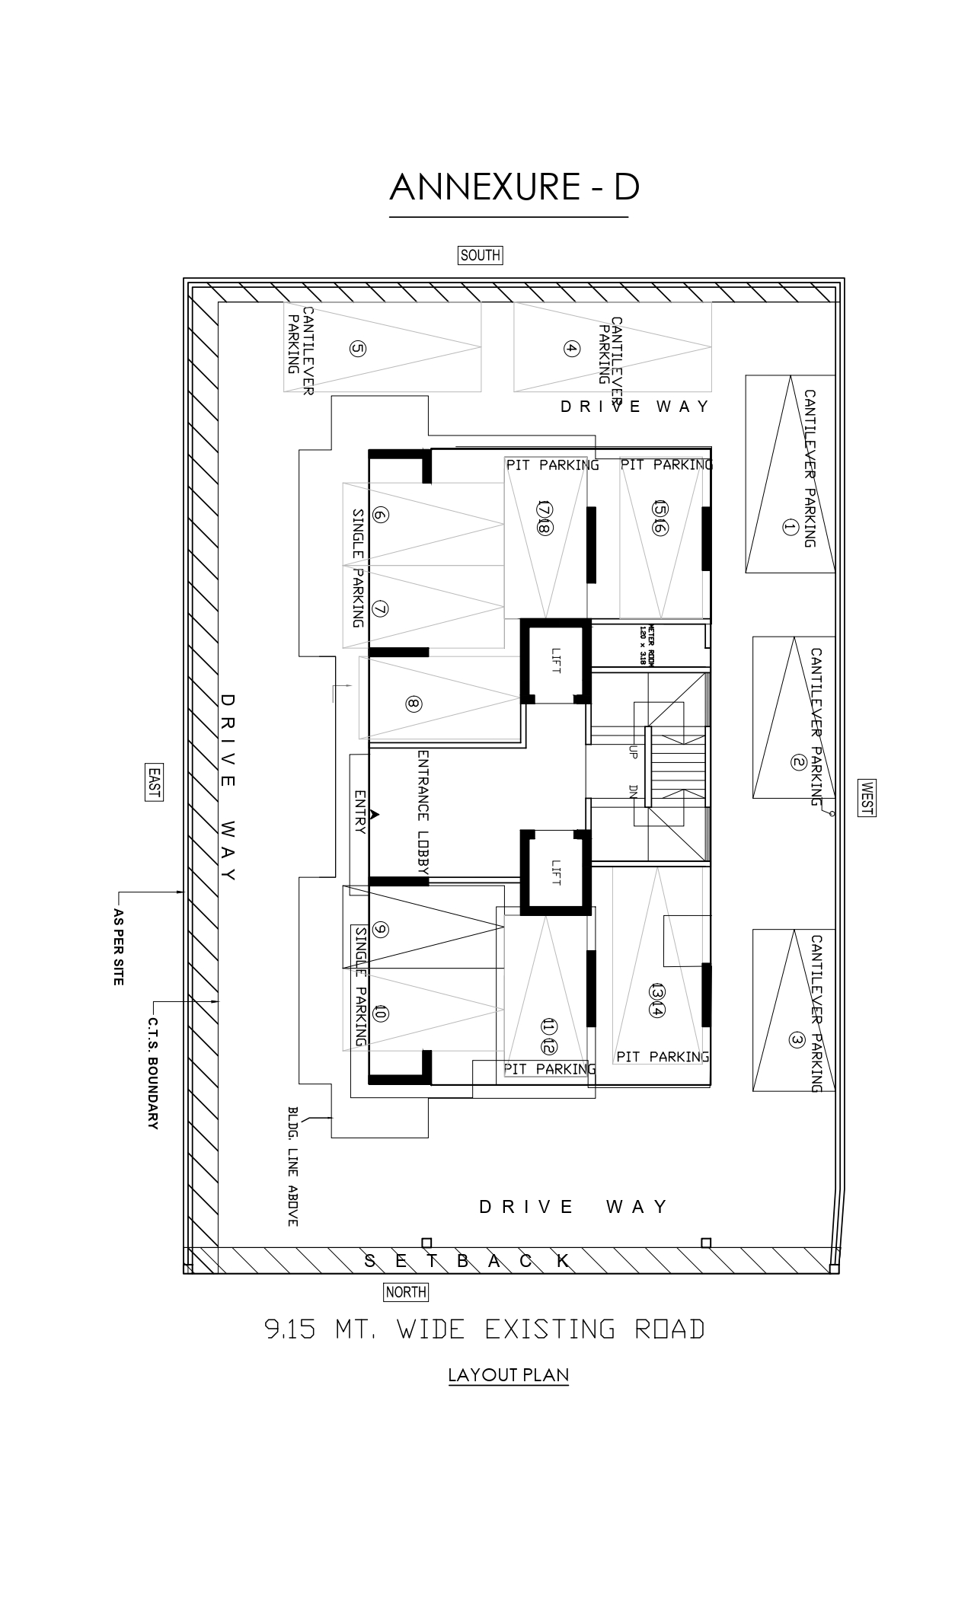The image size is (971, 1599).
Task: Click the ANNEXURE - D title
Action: [514, 187]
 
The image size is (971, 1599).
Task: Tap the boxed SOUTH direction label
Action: [480, 255]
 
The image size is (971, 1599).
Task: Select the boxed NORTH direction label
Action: [406, 1291]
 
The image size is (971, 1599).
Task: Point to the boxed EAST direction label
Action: [154, 781]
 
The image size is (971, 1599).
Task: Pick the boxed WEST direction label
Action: [866, 798]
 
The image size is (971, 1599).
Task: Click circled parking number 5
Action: [357, 349]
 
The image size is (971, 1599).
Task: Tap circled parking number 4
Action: [571, 349]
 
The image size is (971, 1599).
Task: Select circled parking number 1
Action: [789, 527]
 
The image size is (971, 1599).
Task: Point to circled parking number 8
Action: [413, 704]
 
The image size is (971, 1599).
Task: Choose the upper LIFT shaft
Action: [554, 659]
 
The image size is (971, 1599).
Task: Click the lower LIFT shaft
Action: [554, 872]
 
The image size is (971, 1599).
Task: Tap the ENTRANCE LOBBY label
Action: [423, 812]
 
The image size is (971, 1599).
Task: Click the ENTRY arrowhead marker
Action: [374, 814]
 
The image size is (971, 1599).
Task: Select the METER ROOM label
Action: [647, 646]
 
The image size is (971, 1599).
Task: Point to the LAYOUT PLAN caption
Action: [508, 1375]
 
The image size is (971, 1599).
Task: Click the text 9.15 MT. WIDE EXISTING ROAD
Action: [484, 1329]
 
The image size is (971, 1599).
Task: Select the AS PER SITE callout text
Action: [118, 946]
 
